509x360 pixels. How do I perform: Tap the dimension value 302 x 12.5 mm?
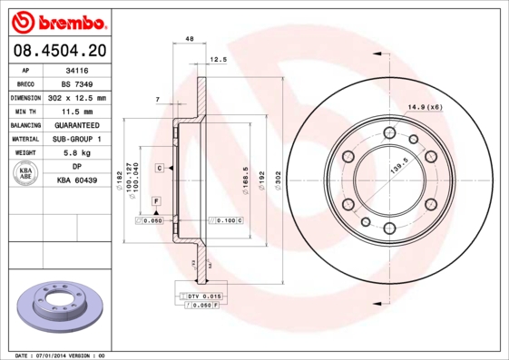coord(77,97)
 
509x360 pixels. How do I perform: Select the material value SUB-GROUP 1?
coord(76,139)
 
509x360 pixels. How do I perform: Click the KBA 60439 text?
coord(77,180)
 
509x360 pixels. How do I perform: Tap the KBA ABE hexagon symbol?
coord(26,174)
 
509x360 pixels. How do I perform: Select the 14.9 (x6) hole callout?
coord(425,107)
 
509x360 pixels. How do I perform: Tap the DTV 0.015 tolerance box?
coord(201,297)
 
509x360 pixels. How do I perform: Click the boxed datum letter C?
coord(159,169)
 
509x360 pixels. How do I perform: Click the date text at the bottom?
coord(62,355)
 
